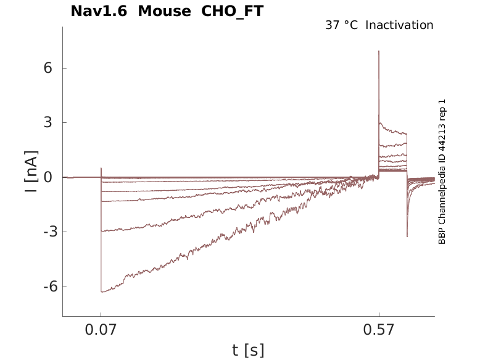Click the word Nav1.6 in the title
coord(99,11)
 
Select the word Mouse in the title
coord(165,11)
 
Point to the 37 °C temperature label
coord(341,25)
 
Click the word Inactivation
coord(400,25)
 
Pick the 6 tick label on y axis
coord(48,67)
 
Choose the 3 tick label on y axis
coord(48,122)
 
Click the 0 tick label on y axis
coord(48,177)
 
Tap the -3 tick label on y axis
coord(50,232)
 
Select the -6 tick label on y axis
coord(50,287)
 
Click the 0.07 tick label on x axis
coord(101,330)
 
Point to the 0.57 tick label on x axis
coord(379,330)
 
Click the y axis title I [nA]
coord(31,171)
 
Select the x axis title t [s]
coord(248,350)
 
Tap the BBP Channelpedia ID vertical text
coord(442,172)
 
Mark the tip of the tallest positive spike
coord(379,51)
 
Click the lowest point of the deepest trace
coord(102,292)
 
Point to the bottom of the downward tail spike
coord(407,237)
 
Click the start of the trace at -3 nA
coord(101,231)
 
